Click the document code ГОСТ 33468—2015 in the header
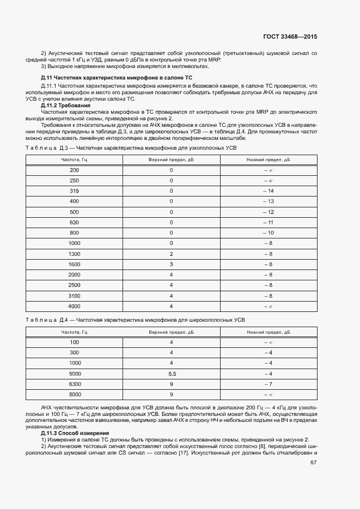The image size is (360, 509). [x=290, y=37]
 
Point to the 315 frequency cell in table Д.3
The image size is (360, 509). [x=75, y=191]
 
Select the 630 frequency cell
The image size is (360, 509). [x=75, y=222]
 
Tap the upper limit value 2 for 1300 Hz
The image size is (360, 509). [x=172, y=254]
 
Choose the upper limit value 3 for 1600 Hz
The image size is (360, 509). [x=172, y=264]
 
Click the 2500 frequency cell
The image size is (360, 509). [x=75, y=285]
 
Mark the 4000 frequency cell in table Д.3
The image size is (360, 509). [x=75, y=306]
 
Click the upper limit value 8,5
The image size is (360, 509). [x=172, y=373]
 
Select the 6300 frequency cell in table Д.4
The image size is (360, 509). [x=75, y=384]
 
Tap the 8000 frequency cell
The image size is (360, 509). [x=75, y=394]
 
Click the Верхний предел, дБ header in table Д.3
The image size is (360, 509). [x=172, y=160]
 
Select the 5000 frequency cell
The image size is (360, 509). [x=75, y=373]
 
